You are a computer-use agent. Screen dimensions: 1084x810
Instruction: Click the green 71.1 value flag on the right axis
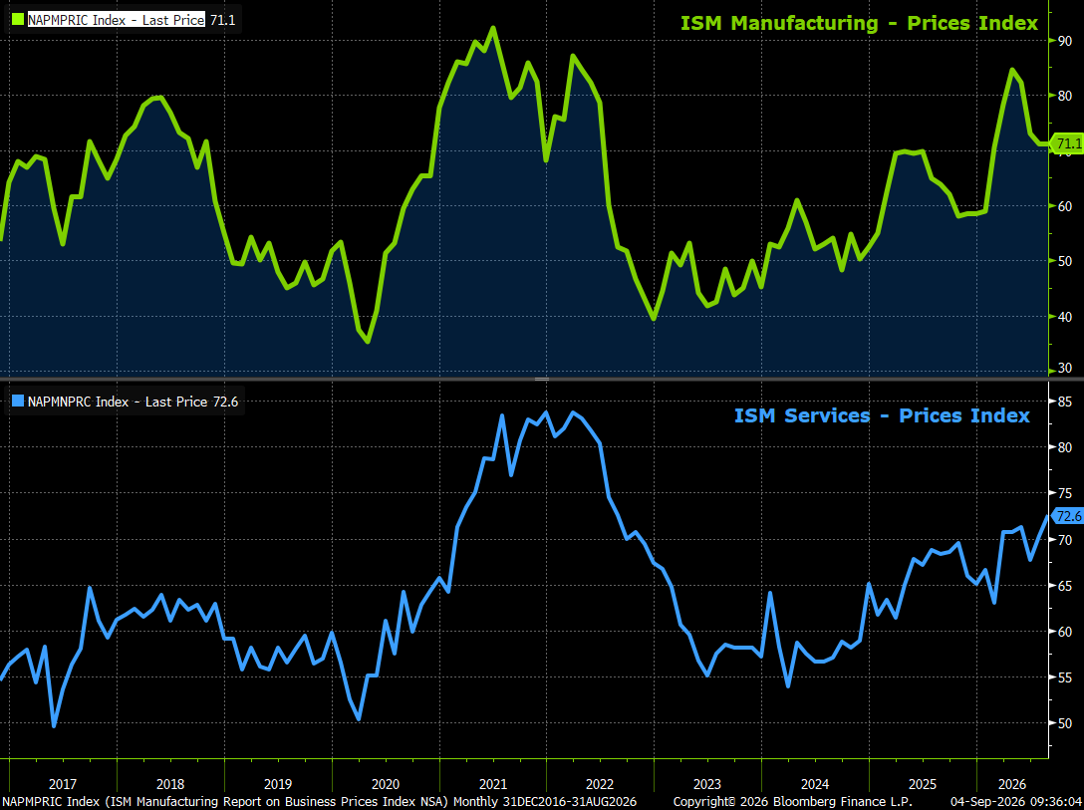click(1067, 143)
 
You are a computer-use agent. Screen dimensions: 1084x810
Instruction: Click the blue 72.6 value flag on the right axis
click(1067, 516)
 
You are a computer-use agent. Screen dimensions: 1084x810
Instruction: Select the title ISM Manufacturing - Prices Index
click(859, 23)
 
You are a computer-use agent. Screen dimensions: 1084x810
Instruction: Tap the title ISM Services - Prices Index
click(882, 415)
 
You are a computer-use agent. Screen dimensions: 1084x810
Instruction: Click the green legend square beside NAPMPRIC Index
click(17, 19)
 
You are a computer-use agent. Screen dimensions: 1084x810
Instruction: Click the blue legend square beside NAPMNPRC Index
click(18, 401)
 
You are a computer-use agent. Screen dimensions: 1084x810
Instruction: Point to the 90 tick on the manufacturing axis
click(1065, 41)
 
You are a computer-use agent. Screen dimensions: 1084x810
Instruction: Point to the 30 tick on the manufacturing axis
click(1065, 369)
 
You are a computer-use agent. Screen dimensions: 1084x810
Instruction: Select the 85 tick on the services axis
click(1065, 402)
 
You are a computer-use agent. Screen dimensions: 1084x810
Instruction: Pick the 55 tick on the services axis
click(1065, 678)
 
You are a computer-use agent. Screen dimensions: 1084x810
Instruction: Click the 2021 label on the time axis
click(493, 784)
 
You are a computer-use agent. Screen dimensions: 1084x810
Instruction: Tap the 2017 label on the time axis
click(63, 784)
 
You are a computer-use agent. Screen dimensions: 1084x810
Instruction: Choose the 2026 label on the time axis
click(1013, 784)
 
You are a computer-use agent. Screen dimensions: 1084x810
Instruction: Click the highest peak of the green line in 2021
click(493, 28)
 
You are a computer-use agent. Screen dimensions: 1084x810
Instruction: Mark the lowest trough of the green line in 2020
click(368, 342)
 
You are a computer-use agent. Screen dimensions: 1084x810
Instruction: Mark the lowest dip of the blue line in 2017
click(54, 725)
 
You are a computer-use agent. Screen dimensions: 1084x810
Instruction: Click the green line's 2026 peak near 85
click(1012, 70)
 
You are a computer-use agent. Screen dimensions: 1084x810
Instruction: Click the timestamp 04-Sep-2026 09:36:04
click(1016, 802)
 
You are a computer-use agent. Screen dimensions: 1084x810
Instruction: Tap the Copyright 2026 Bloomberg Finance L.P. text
click(793, 802)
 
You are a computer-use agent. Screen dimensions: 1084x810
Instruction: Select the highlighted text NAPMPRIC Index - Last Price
click(117, 20)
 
